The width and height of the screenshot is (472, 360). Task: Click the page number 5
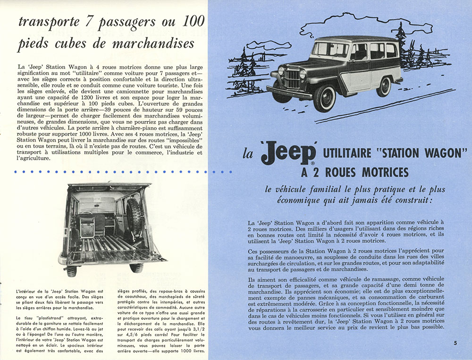click(x=456, y=343)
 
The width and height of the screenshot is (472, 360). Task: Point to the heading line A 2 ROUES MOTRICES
click(x=354, y=171)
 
